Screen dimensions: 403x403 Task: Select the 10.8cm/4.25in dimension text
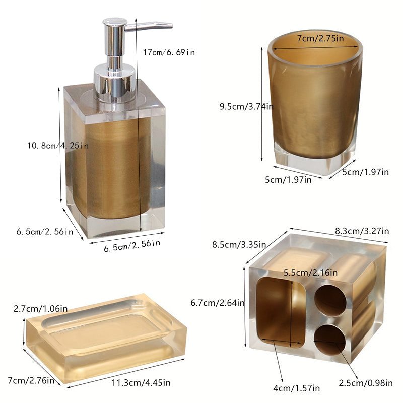[58, 146]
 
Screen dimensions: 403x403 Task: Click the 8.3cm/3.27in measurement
[362, 231]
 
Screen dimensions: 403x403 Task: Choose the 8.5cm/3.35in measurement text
[238, 245]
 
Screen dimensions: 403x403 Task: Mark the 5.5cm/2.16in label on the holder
[311, 273]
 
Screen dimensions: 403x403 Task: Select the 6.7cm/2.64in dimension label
[218, 303]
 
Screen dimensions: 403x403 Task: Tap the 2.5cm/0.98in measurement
[367, 384]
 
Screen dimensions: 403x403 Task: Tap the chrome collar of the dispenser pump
[115, 83]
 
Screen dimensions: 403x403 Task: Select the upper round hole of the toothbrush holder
[330, 300]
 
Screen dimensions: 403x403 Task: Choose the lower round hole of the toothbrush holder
[329, 339]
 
